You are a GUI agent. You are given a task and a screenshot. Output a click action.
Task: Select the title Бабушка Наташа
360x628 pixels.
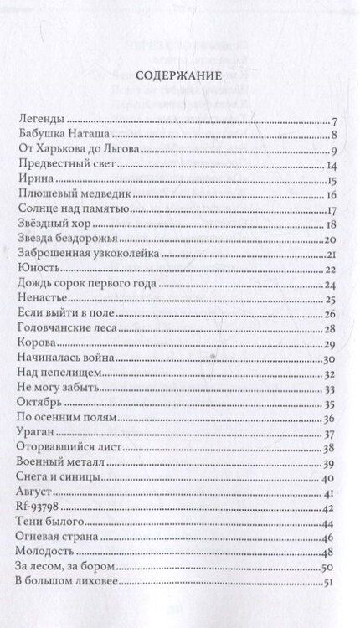(x=63, y=136)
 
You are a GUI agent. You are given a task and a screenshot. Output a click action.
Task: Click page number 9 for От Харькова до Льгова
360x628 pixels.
(x=332, y=152)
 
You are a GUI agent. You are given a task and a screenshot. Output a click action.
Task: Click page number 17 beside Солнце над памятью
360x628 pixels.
(x=331, y=211)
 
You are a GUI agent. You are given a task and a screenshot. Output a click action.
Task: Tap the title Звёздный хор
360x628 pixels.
(x=55, y=225)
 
